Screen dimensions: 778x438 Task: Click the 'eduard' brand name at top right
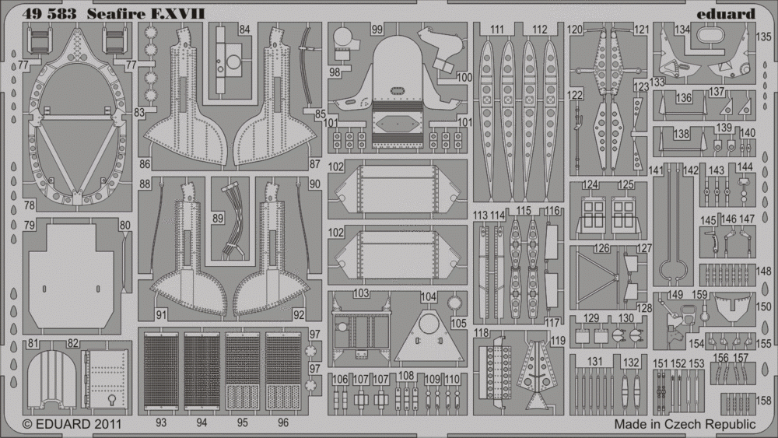coord(725,14)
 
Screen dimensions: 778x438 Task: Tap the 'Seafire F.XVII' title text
coord(146,14)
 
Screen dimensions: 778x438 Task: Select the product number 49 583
coord(49,14)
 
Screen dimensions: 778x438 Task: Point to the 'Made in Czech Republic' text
coord(685,424)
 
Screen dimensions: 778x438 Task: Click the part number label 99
coord(377,30)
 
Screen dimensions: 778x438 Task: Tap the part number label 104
coord(428,296)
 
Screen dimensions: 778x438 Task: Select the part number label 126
coord(601,248)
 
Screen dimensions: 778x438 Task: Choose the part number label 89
coord(217,219)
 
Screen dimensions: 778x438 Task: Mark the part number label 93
coord(161,422)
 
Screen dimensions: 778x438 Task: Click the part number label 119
coord(558,341)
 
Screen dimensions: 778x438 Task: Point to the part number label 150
coord(763,307)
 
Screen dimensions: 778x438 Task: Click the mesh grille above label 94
coord(202,371)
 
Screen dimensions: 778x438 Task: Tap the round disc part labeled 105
coord(454,302)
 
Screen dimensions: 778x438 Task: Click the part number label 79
coord(30,226)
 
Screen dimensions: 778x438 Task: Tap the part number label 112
coord(539,30)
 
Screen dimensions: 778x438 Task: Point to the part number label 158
coord(763,400)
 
